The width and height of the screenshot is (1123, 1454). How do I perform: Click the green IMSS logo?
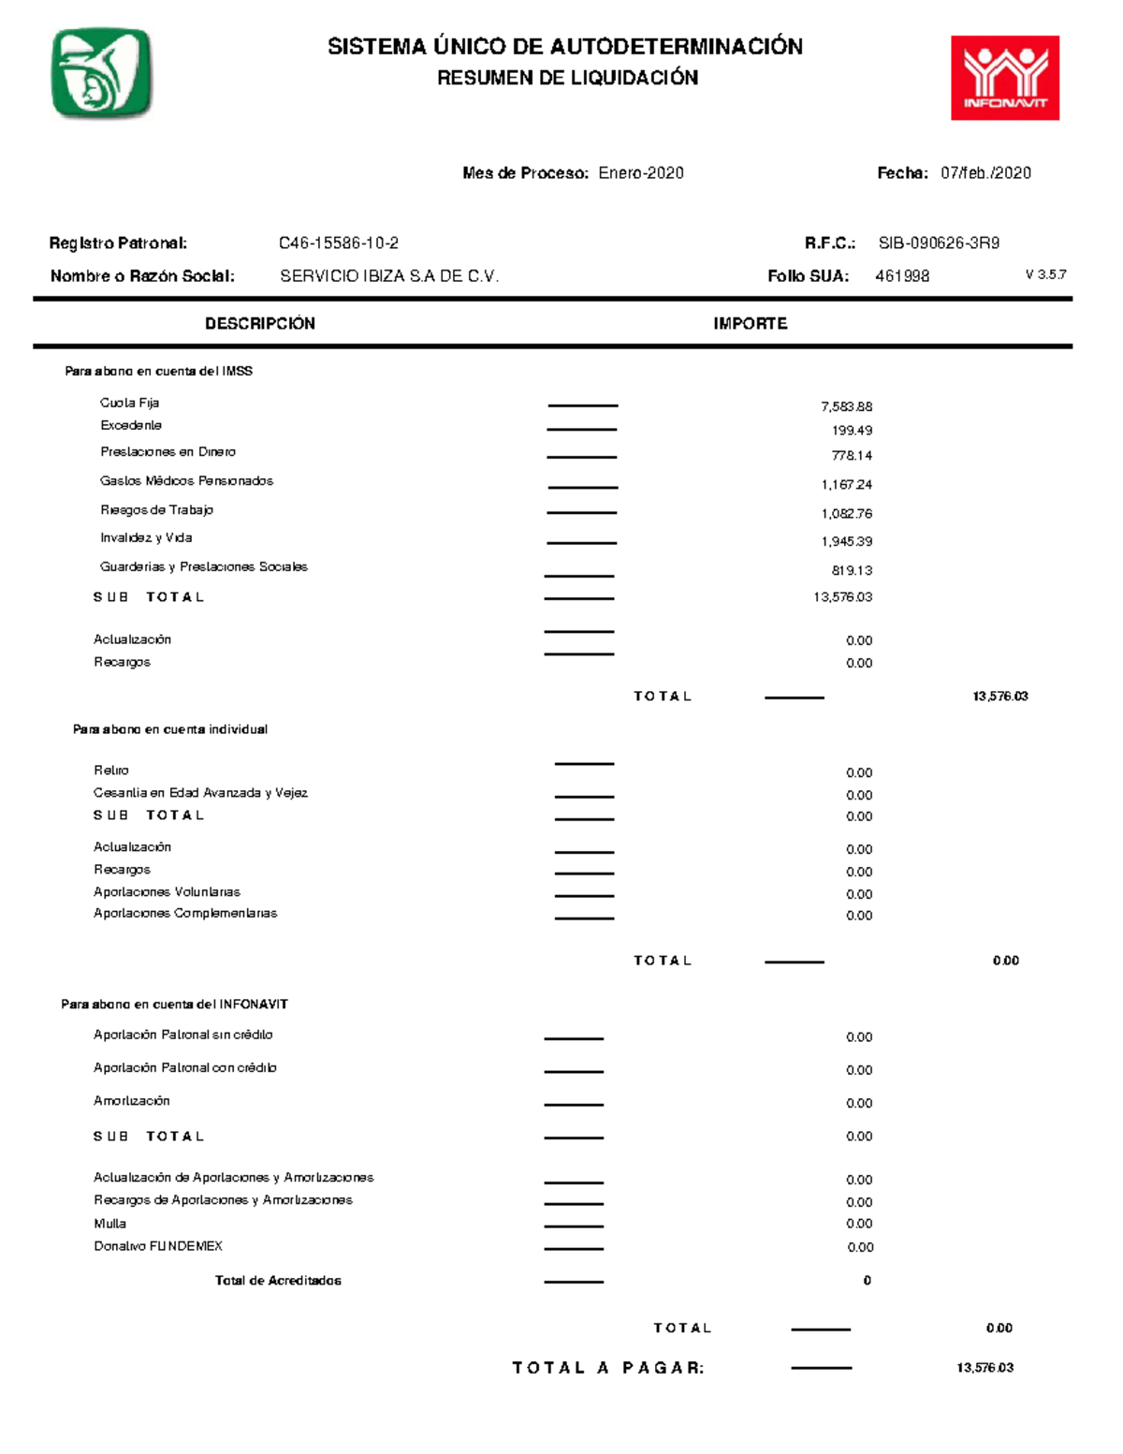[x=101, y=73]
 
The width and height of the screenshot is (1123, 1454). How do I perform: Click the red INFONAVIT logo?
[x=1004, y=78]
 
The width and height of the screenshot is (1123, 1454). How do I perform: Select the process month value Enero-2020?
[x=641, y=173]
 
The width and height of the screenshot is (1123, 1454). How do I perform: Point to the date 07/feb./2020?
[x=985, y=173]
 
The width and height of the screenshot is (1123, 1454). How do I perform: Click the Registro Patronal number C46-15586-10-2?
[x=339, y=243]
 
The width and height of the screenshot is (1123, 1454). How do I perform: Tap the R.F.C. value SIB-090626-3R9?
[x=939, y=243]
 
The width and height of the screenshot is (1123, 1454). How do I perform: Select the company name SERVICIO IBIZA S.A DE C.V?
[x=389, y=276]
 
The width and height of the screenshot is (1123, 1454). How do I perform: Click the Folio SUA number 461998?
[x=902, y=276]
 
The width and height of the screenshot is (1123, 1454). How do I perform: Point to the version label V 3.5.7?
[x=1045, y=275]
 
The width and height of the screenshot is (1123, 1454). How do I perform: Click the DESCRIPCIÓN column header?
[x=260, y=324]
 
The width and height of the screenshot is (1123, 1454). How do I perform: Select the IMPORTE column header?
[x=750, y=324]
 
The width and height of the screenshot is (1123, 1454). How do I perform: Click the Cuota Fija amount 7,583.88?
[x=846, y=407]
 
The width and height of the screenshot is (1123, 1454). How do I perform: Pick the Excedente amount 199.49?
[x=852, y=431]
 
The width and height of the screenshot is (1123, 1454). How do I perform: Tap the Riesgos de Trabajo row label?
[x=156, y=510]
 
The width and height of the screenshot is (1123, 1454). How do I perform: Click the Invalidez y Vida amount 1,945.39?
[x=846, y=542]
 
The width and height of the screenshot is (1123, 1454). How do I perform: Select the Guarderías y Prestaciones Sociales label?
[x=204, y=567]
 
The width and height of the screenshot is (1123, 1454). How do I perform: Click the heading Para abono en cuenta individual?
[x=170, y=729]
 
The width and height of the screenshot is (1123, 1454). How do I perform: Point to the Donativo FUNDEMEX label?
[x=158, y=1246]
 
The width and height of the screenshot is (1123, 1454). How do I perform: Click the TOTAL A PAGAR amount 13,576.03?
[x=984, y=1368]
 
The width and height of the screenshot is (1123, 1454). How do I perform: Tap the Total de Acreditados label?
[x=278, y=1281]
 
